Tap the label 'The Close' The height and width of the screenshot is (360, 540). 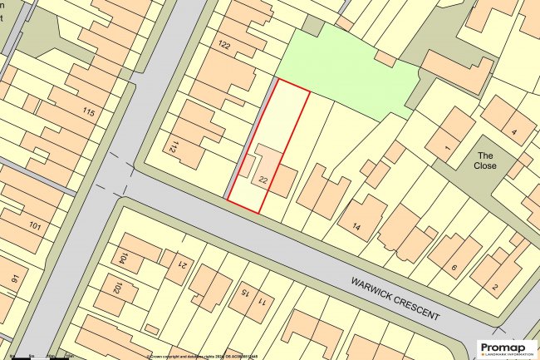click(486, 160)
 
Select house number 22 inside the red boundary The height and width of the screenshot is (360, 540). click(263, 180)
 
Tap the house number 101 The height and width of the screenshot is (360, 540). click(35, 225)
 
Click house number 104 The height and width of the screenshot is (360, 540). click(122, 259)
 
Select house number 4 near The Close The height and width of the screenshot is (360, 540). click(513, 131)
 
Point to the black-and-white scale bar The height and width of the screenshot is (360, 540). click(37, 356)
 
